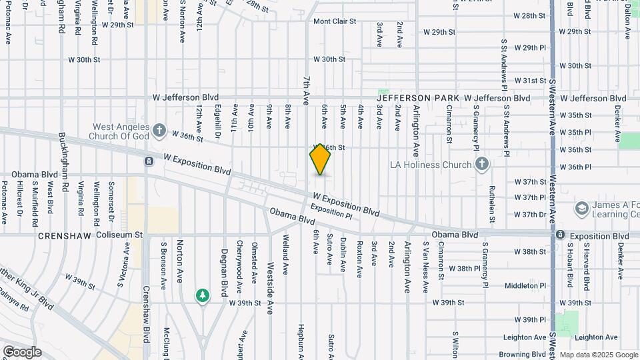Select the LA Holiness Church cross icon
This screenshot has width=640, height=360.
coord(482,164)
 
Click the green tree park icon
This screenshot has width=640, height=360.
coord(203,295)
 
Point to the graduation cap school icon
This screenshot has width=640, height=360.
coord(581,209)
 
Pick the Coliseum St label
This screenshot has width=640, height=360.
coord(120,235)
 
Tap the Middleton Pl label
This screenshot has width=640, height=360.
coord(525,285)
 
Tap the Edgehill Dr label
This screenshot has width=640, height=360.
coord(217,117)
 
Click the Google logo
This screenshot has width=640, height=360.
coord(22,352)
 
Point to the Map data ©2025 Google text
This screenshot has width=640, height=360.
coord(599,355)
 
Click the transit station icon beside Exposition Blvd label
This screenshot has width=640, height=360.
coord(561,235)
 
